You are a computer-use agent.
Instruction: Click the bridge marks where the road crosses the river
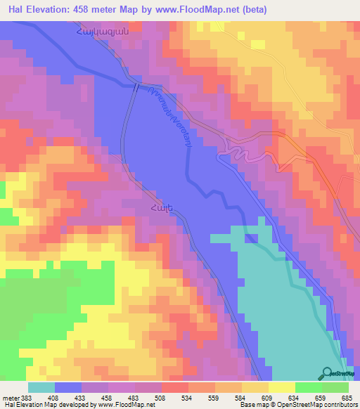[135, 86]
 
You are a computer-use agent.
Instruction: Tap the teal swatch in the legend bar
[41, 387]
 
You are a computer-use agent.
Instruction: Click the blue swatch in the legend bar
[68, 387]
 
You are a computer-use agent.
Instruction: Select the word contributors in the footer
[337, 405]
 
